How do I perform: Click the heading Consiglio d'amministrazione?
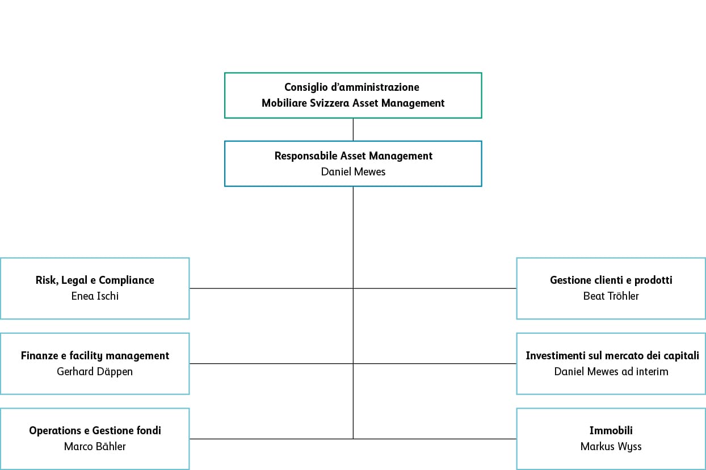tap(352, 87)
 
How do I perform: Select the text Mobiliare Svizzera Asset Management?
tap(353, 103)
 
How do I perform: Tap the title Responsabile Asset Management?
tap(353, 156)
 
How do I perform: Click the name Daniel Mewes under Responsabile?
tap(353, 171)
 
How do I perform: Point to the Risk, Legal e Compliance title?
tap(95, 280)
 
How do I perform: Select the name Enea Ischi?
tap(95, 296)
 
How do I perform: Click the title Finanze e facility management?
tap(95, 356)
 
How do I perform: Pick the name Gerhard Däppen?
tap(95, 371)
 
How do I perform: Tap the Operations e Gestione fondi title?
tap(95, 431)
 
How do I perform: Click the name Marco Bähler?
tap(95, 446)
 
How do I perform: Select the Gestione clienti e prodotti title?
tap(611, 280)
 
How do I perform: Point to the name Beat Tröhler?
tap(611, 296)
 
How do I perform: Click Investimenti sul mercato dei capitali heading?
tap(612, 356)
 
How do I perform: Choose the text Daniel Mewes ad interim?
tap(611, 371)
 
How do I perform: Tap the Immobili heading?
tap(611, 431)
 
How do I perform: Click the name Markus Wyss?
tap(611, 446)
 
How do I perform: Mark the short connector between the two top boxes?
tap(353, 129)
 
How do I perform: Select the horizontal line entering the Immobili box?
tap(437, 439)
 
